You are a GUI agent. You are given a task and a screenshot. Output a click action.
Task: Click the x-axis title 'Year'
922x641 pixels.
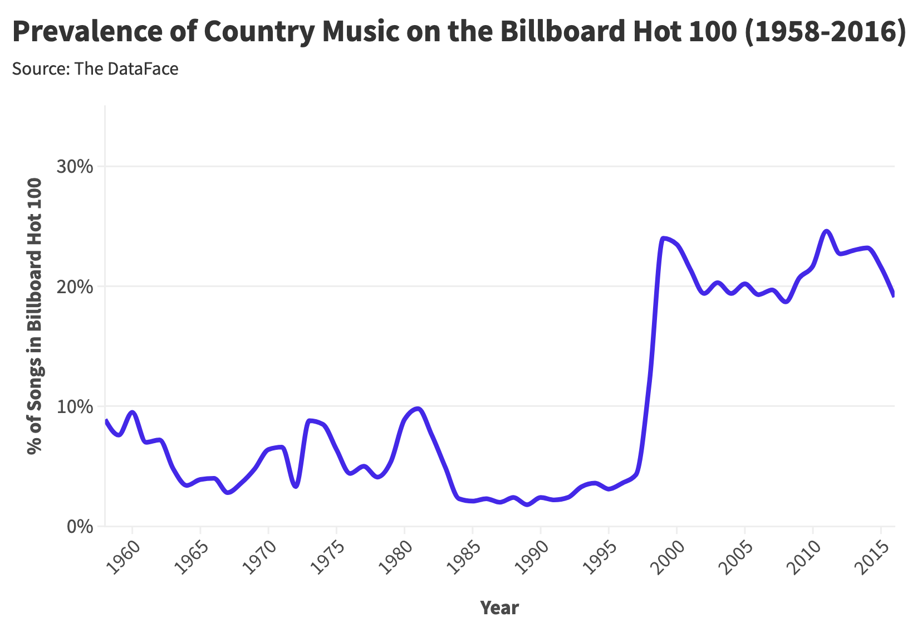tap(499, 608)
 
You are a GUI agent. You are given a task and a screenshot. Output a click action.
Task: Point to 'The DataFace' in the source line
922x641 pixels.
tap(126, 69)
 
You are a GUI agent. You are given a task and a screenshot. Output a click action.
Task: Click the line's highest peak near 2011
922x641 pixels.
tap(826, 231)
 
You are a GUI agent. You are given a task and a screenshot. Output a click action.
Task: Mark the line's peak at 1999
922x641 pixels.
tap(663, 238)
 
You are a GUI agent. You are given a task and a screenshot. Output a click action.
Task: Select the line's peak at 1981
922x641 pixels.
tap(418, 409)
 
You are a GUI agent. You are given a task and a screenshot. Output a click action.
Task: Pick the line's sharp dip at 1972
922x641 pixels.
tap(296, 487)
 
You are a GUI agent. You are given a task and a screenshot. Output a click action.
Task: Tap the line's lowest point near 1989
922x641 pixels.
tap(527, 504)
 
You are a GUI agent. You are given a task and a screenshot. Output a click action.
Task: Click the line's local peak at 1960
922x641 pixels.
tap(132, 412)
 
